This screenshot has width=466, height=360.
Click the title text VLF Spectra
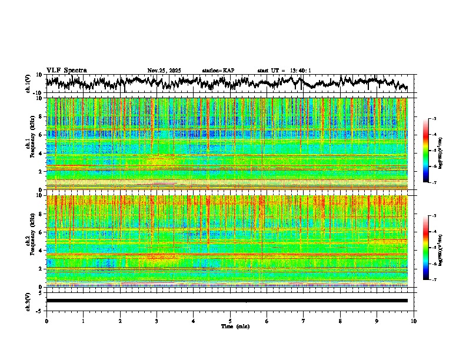tap(66, 70)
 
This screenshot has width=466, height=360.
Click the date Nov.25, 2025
tap(164, 71)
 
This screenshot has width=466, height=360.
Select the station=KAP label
tap(218, 71)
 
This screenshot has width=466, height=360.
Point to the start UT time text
tap(284, 71)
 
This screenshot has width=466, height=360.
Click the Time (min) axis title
tap(235, 326)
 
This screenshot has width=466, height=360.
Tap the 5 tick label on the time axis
tap(230, 321)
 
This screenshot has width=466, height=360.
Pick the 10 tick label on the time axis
tap(414, 321)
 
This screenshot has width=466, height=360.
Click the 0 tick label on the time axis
tap(46, 321)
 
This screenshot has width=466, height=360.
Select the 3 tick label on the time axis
tap(157, 321)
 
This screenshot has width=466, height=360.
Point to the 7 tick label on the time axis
tap(304, 321)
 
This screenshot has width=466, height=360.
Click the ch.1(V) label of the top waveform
tap(28, 84)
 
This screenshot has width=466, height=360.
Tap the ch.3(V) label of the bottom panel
tap(28, 301)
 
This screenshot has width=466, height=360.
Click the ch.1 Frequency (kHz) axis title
tap(29, 144)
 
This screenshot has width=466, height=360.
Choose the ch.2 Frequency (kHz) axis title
tap(29, 241)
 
